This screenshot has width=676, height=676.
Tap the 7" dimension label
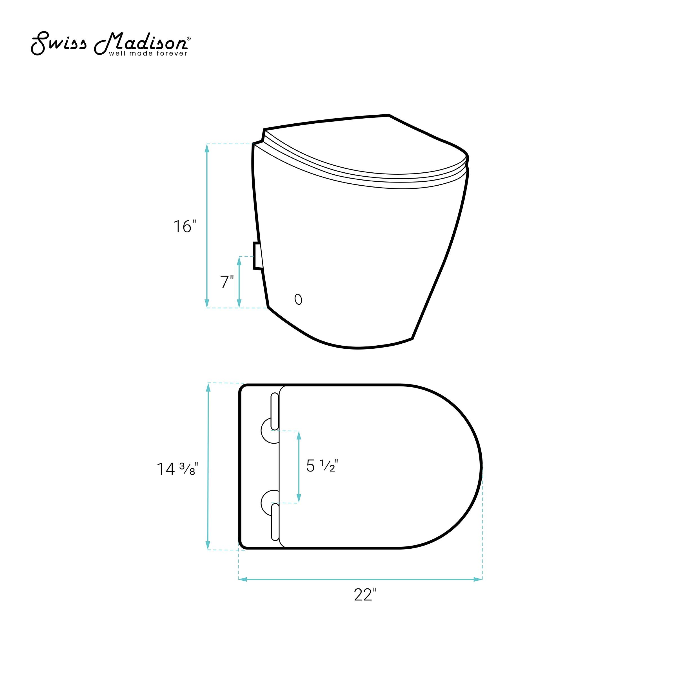227,282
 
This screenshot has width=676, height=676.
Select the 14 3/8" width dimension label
177,469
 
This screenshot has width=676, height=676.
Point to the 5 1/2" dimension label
322,466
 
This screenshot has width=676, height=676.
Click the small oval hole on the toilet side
298,299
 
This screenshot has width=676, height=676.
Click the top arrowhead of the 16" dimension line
207,148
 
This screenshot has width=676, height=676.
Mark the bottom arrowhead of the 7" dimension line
239,304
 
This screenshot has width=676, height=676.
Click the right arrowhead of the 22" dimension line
478,579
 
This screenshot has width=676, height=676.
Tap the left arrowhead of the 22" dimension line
243,579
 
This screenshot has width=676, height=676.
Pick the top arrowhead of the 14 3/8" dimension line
208,387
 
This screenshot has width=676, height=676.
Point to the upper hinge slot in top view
275,412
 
